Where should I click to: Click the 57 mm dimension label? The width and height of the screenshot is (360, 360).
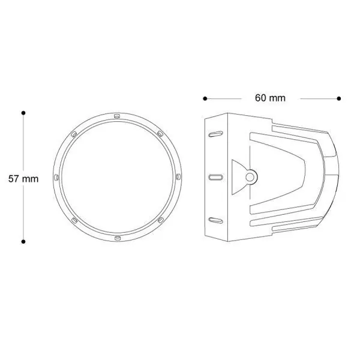(23, 179)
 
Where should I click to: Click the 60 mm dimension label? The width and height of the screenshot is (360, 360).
(270, 98)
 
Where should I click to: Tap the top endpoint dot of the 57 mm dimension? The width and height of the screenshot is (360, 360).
(23, 113)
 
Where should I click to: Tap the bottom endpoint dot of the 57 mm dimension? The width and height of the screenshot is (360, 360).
(23, 242)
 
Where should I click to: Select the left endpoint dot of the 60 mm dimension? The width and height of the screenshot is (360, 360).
(205, 98)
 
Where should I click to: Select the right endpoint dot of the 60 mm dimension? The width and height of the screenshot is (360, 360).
(339, 98)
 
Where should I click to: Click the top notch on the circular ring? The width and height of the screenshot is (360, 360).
(117, 116)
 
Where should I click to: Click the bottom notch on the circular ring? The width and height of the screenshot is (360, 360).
(117, 238)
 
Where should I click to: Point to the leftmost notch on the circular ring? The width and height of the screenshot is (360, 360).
(56, 178)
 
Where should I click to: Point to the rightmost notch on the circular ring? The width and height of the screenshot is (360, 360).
(178, 177)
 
